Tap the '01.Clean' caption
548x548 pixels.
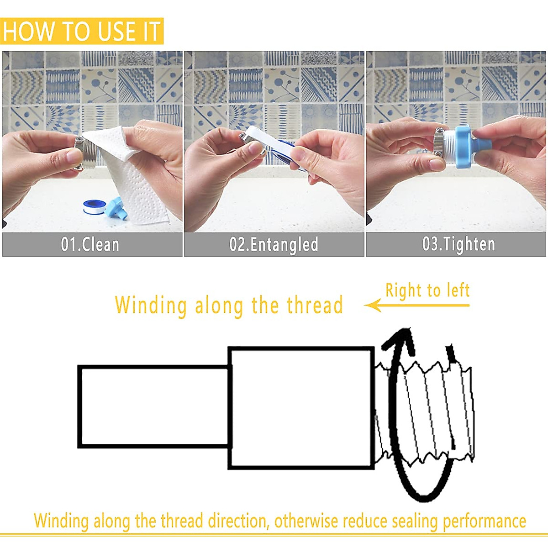click(90, 244)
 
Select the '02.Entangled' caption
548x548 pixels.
click(274, 244)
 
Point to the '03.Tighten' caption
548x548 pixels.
click(458, 244)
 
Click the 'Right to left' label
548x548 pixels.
click(427, 290)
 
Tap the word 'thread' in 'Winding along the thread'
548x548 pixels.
click(315, 305)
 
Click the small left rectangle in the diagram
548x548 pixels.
click(154, 406)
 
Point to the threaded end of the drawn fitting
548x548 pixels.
click(425, 411)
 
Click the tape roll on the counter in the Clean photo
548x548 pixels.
click(95, 207)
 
